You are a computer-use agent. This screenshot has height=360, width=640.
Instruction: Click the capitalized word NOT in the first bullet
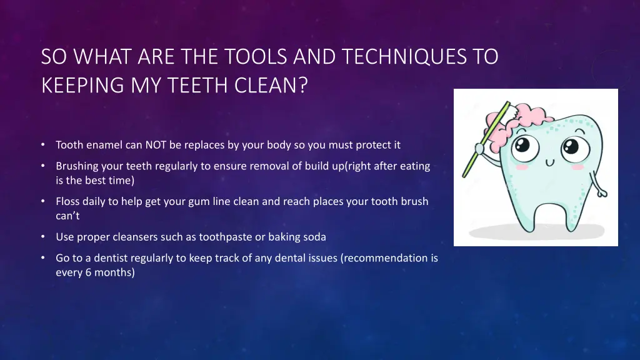[x=155, y=145]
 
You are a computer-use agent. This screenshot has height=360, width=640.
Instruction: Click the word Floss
[x=68, y=201]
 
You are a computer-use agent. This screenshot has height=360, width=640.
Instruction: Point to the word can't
[x=67, y=216]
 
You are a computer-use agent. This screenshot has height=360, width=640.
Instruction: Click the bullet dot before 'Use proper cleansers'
[x=42, y=237]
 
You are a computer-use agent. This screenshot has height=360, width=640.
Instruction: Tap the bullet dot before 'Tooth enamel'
[x=42, y=145]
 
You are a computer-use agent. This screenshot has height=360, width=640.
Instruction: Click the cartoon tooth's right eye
[x=571, y=148]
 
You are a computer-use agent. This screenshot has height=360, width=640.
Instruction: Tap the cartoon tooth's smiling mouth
[x=550, y=162]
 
